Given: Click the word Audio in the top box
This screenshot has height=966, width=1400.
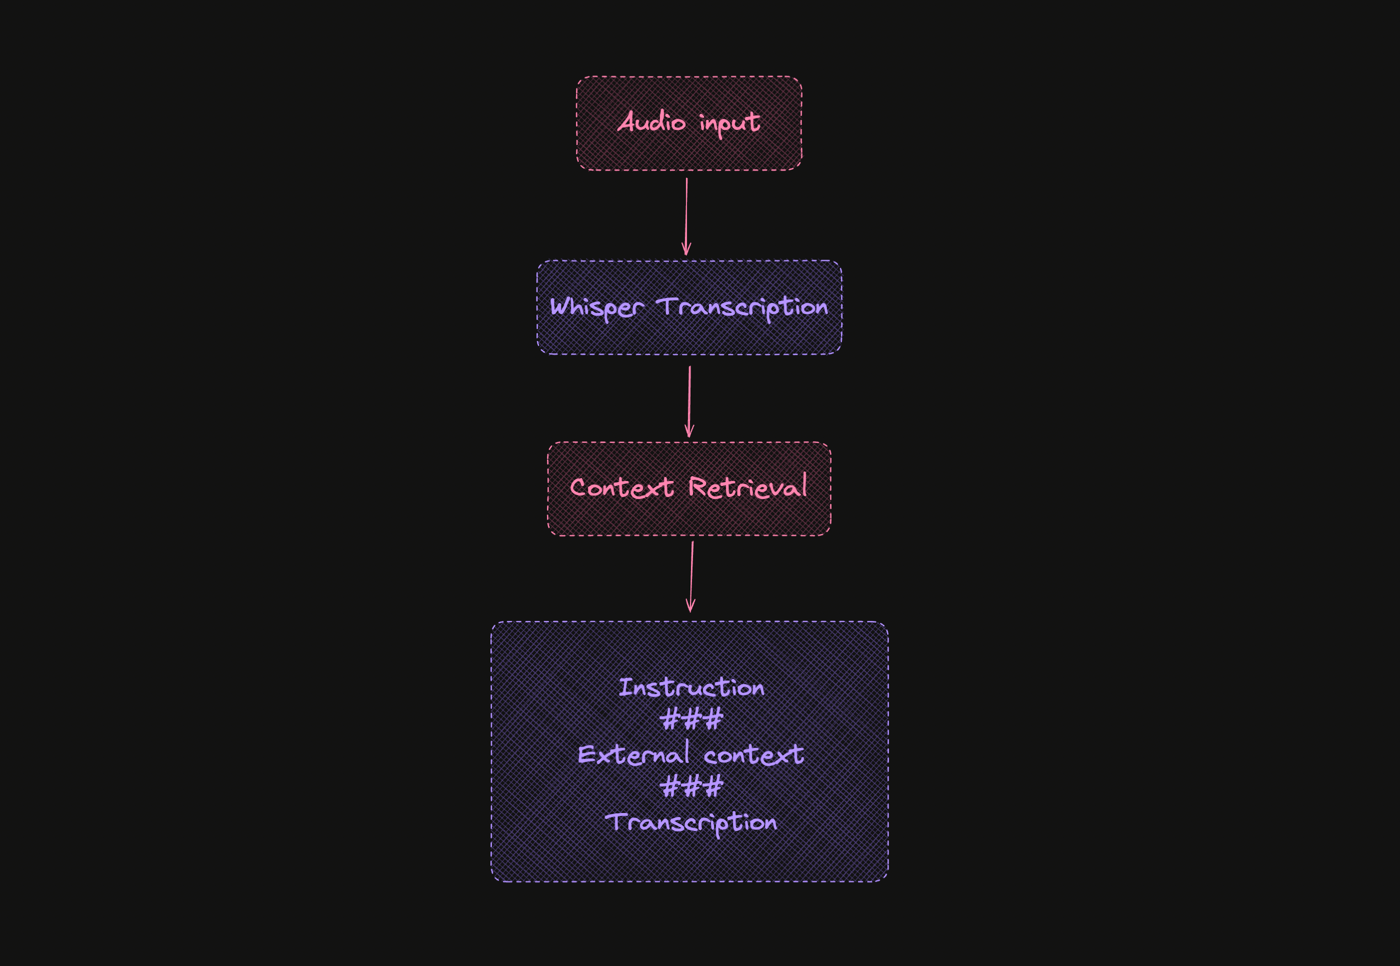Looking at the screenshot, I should pyautogui.click(x=651, y=121).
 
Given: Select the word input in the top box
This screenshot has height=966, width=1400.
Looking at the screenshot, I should pyautogui.click(x=729, y=123).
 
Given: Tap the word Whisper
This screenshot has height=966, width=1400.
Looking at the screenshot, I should pyautogui.click(x=596, y=307).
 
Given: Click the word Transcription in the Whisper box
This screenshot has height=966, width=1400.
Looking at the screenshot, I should pyautogui.click(x=741, y=307).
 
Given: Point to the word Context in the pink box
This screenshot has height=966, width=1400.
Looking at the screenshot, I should pyautogui.click(x=621, y=487).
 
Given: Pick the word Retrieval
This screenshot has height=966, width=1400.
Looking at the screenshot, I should pyautogui.click(x=747, y=486).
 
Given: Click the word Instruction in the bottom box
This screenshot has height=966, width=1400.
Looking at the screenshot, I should pyautogui.click(x=691, y=687).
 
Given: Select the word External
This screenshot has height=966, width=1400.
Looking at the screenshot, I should pyautogui.click(x=633, y=754).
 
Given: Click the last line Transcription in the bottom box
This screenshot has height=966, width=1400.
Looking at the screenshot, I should pyautogui.click(x=690, y=822).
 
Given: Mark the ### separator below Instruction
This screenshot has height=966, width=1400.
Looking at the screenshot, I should pyautogui.click(x=691, y=719).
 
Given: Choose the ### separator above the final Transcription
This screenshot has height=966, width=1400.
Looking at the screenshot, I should pyautogui.click(x=691, y=787).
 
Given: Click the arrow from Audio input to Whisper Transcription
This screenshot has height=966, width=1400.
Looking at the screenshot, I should pyautogui.click(x=686, y=215).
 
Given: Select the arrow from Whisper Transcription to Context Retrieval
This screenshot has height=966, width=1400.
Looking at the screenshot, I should pyautogui.click(x=689, y=399).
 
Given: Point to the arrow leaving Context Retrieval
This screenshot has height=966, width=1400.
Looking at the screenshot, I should pyautogui.click(x=691, y=575).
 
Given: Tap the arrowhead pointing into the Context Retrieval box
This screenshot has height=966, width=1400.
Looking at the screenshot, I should pyautogui.click(x=689, y=432).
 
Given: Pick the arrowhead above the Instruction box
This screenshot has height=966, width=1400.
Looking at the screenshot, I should pyautogui.click(x=690, y=607).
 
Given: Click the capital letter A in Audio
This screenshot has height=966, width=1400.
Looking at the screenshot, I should pyautogui.click(x=625, y=121).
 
